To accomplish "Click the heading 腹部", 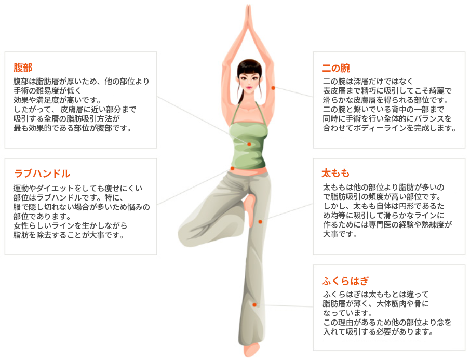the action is (x=23, y=68).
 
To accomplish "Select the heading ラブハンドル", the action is (x=42, y=174).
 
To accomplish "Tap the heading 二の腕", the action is (x=335, y=68).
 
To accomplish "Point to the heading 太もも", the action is (x=335, y=173).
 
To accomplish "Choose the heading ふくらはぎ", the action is (x=345, y=281).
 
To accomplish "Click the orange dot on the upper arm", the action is (x=273, y=88).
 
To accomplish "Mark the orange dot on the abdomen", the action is (x=249, y=144).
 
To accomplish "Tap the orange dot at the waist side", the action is (x=232, y=168).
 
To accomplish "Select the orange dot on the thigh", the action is (x=260, y=221).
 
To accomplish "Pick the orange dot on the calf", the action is (x=254, y=305).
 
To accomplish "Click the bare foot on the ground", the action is (x=251, y=350).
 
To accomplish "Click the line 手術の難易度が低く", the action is (x=47, y=90).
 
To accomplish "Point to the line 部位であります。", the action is (x=42, y=216).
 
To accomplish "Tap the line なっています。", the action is (x=348, y=313).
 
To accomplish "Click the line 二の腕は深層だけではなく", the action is (x=368, y=81).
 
